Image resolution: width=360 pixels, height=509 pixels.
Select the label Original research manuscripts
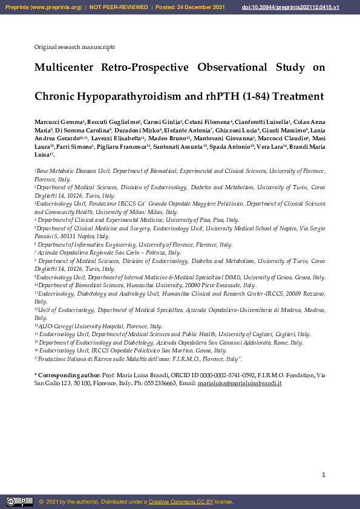[74, 47]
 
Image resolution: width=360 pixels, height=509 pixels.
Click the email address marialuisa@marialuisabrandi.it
[248, 384]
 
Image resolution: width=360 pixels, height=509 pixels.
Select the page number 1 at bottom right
[324, 475]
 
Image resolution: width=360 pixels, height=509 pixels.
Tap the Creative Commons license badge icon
[19, 501]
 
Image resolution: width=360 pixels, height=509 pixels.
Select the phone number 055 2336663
[163, 384]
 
